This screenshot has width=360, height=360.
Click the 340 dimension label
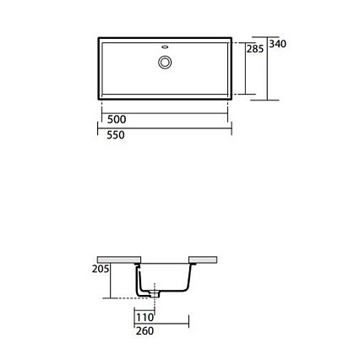(x=277, y=44)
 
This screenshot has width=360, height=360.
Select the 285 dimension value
(x=255, y=49)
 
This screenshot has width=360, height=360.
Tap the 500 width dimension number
(x=117, y=119)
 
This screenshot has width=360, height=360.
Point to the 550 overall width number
(x=116, y=135)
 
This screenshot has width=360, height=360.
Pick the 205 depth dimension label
(x=101, y=269)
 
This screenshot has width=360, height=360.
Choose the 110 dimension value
(x=145, y=318)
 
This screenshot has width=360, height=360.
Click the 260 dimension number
(x=145, y=331)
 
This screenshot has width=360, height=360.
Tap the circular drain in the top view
(x=165, y=63)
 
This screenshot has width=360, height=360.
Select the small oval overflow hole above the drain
(x=165, y=46)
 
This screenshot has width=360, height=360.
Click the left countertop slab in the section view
(x=119, y=259)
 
